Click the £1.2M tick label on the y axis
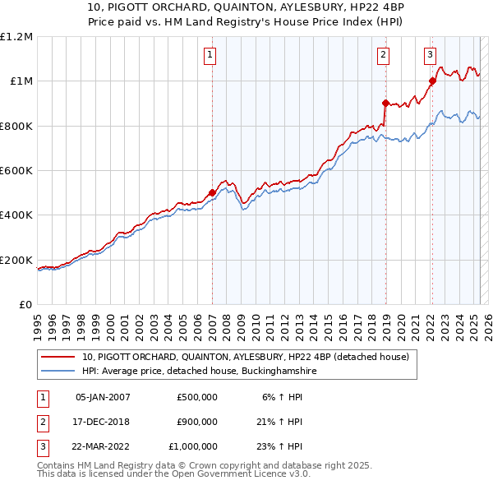(16, 37)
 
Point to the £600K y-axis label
(16, 171)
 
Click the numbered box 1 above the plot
(211, 55)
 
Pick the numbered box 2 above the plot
(384, 55)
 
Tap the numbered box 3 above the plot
(430, 55)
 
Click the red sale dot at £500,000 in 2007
(212, 193)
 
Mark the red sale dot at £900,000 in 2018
(385, 104)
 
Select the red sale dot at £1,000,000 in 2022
(432, 81)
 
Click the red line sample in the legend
(58, 358)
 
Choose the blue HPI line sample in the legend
(58, 372)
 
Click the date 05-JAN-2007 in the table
(103, 397)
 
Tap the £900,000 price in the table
(197, 422)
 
